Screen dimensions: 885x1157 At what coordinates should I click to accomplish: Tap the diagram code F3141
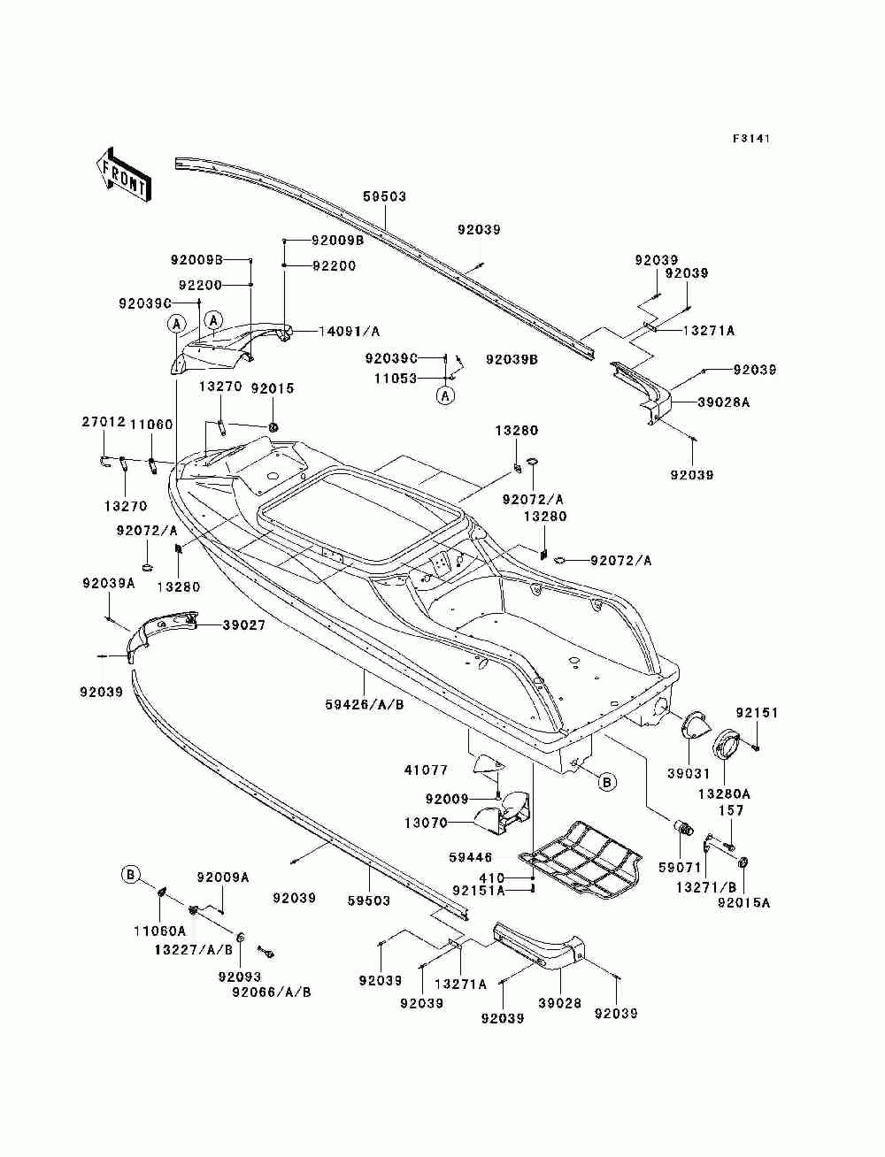(x=751, y=139)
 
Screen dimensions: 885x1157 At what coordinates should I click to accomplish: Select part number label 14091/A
(x=350, y=331)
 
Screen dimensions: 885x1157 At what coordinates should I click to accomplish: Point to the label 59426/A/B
(x=365, y=704)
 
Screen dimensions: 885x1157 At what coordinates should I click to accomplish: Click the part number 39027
(x=243, y=625)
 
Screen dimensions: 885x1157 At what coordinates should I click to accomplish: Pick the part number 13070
(x=427, y=823)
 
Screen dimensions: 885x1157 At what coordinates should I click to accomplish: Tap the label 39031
(x=689, y=773)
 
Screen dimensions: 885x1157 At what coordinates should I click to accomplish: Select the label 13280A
(x=724, y=793)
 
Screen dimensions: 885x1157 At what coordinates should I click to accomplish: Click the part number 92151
(x=757, y=713)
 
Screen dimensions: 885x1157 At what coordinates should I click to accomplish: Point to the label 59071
(x=680, y=867)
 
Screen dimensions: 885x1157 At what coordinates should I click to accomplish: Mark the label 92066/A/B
(x=272, y=992)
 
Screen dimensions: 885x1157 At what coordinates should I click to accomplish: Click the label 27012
(x=104, y=422)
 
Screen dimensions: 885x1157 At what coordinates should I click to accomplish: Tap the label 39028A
(x=724, y=402)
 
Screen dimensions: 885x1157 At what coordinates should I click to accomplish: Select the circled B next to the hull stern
(x=606, y=782)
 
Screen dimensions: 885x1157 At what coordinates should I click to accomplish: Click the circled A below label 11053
(x=446, y=395)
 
